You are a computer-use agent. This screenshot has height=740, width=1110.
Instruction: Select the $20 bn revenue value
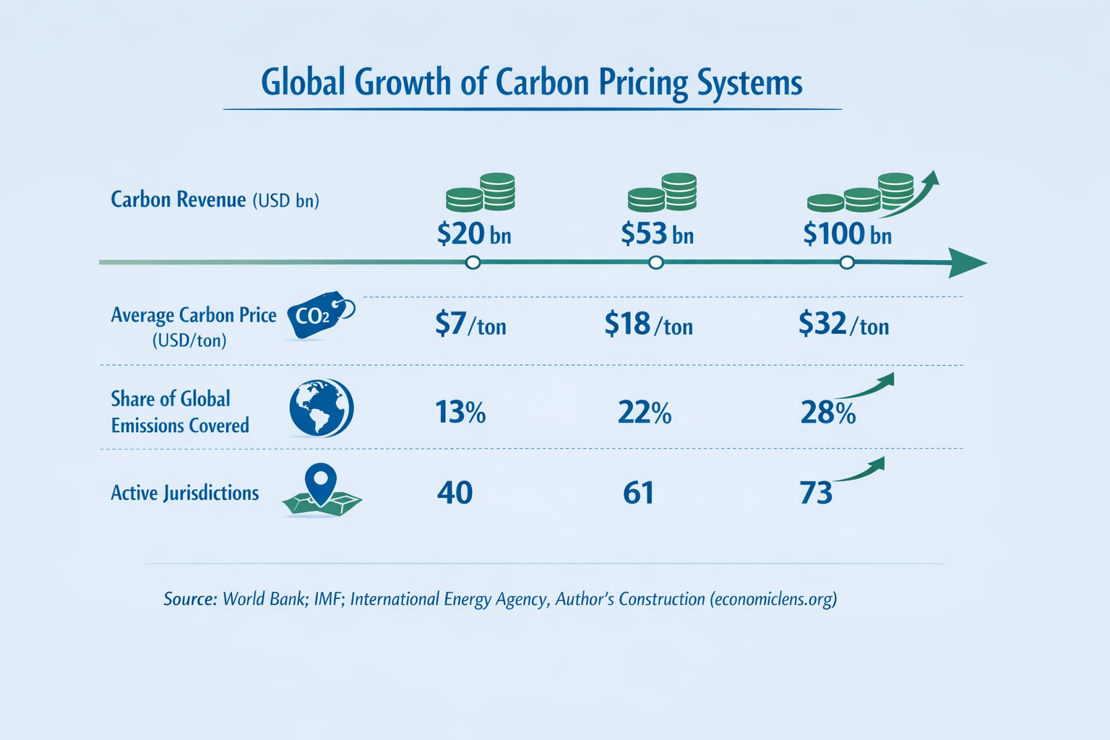474,234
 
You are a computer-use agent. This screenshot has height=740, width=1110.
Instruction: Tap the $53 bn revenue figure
657,234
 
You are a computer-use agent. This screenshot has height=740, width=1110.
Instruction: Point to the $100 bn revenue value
847,234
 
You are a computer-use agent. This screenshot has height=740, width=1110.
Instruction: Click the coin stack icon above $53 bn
662,192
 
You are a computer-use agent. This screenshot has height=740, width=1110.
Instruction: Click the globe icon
321,408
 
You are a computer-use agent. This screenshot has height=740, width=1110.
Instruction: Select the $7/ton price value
470,324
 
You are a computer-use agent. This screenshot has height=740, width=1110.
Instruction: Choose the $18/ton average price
648,324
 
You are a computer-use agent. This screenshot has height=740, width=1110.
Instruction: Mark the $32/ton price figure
843,324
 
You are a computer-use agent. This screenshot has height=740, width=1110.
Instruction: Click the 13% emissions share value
460,413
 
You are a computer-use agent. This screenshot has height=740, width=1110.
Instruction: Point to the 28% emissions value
827,413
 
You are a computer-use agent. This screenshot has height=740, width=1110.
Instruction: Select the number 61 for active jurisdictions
638,493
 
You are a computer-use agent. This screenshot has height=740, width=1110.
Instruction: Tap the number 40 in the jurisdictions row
455,493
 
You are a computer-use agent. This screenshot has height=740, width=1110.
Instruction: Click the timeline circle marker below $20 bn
473,262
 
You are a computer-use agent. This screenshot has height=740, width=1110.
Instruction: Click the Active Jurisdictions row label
184,493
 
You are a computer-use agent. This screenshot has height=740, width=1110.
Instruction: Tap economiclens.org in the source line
773,599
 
